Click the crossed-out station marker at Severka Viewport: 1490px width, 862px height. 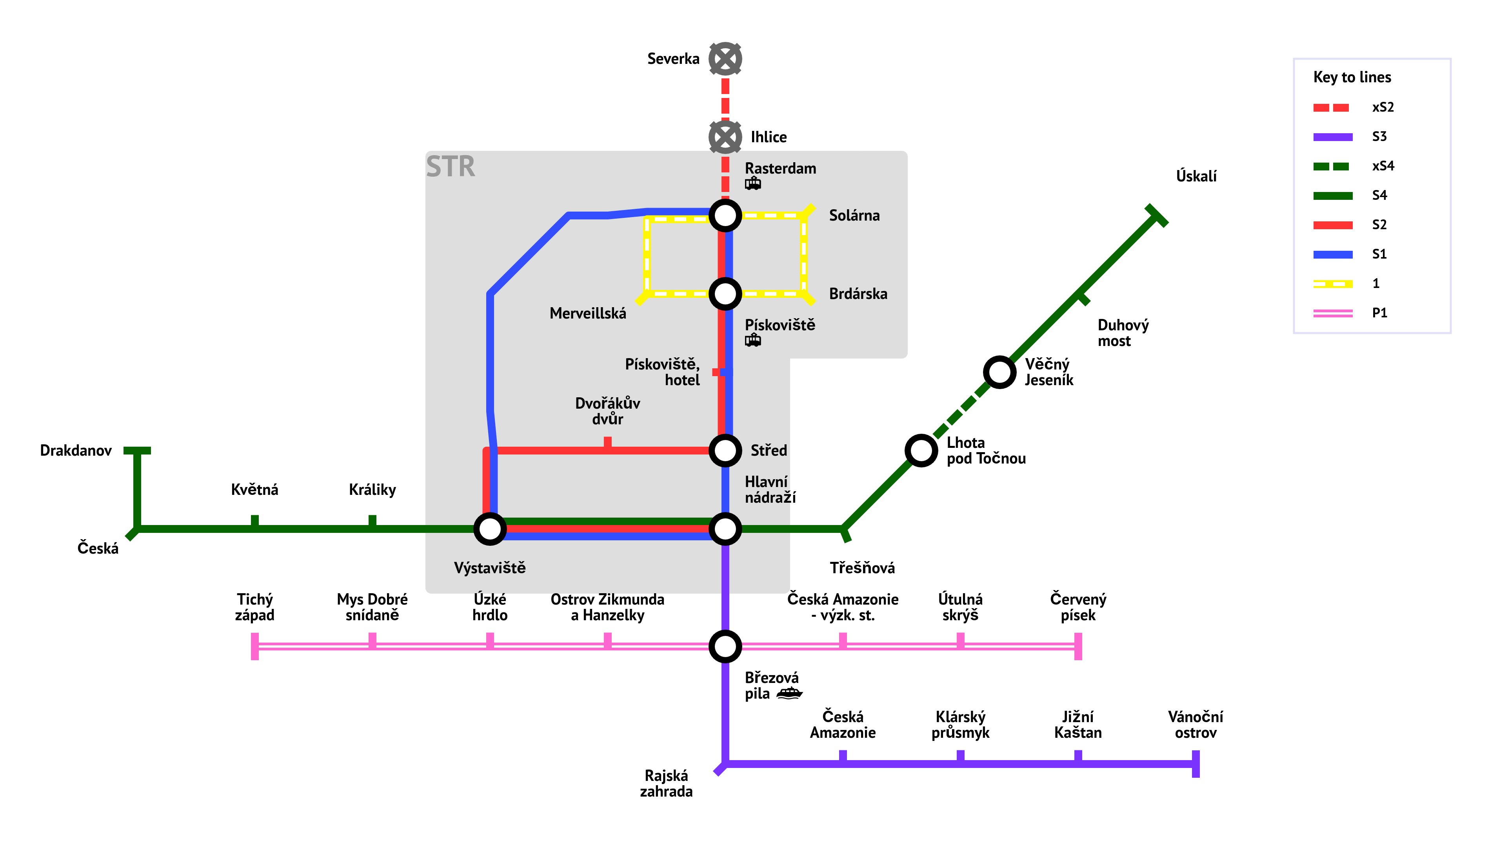(725, 59)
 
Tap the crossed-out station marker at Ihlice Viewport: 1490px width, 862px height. (725, 137)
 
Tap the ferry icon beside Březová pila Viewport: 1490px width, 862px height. (789, 693)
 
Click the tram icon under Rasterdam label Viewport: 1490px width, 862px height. (753, 184)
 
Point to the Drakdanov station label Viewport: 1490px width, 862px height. (76, 451)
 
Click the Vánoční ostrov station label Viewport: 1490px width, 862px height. (1195, 724)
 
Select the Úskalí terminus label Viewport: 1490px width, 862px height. (1196, 176)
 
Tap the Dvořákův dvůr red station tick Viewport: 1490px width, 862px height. (607, 442)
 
